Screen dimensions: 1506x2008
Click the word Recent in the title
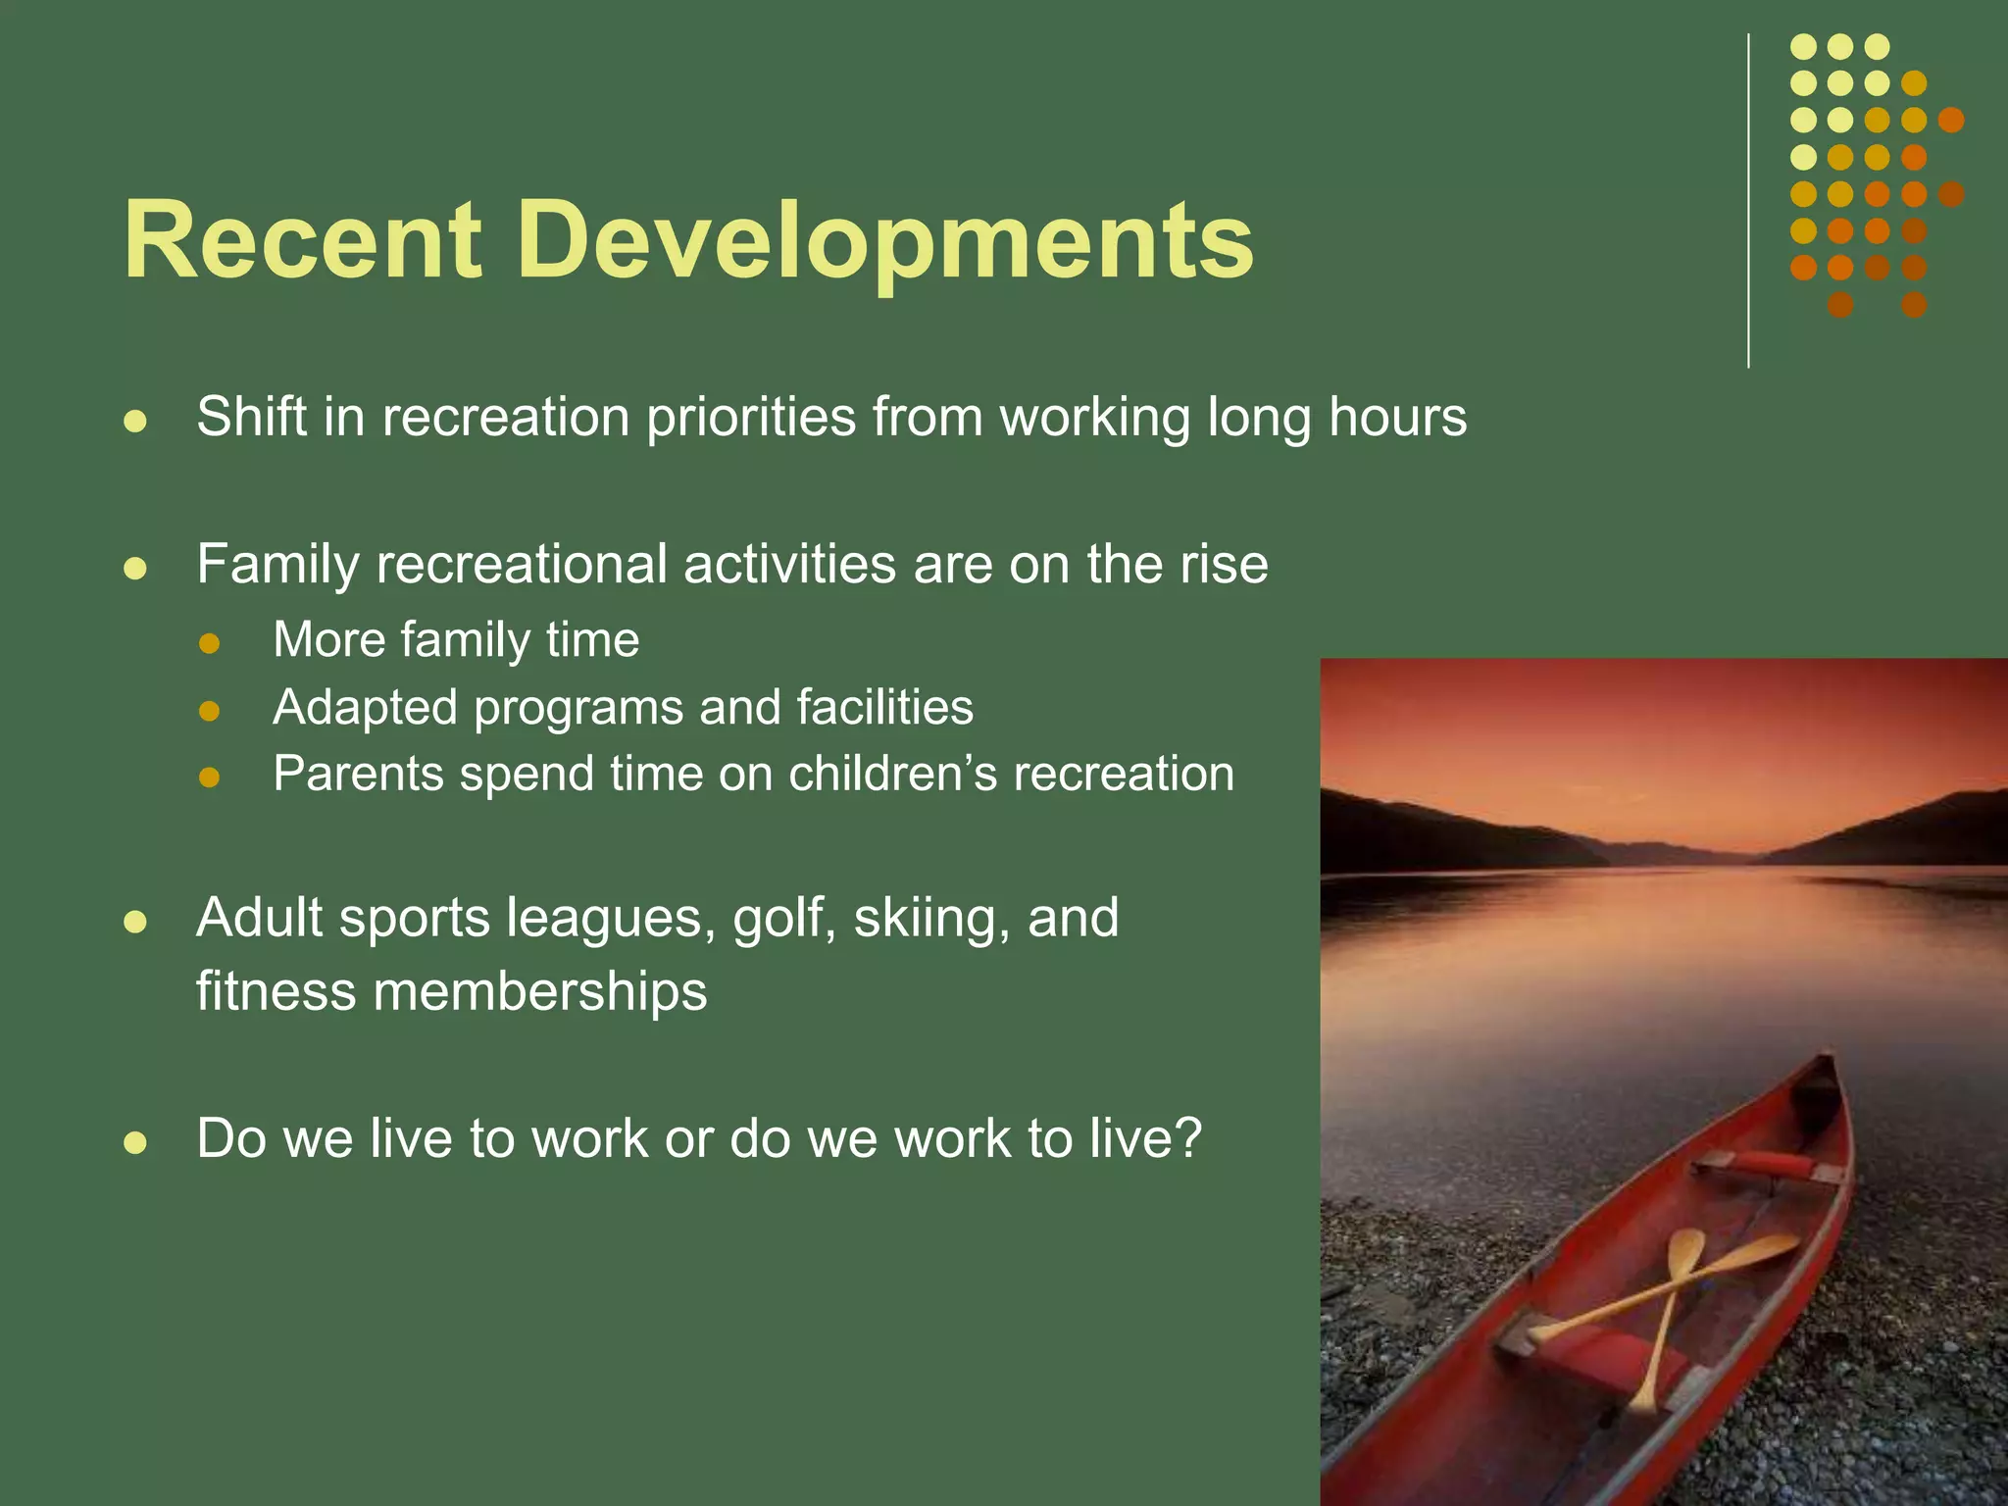[x=302, y=240]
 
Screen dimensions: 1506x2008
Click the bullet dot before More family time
[x=209, y=644]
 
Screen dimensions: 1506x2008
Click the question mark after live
[x=1187, y=1138]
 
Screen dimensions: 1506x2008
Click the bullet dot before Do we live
[x=134, y=1142]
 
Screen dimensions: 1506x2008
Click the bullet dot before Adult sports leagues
[x=134, y=922]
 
